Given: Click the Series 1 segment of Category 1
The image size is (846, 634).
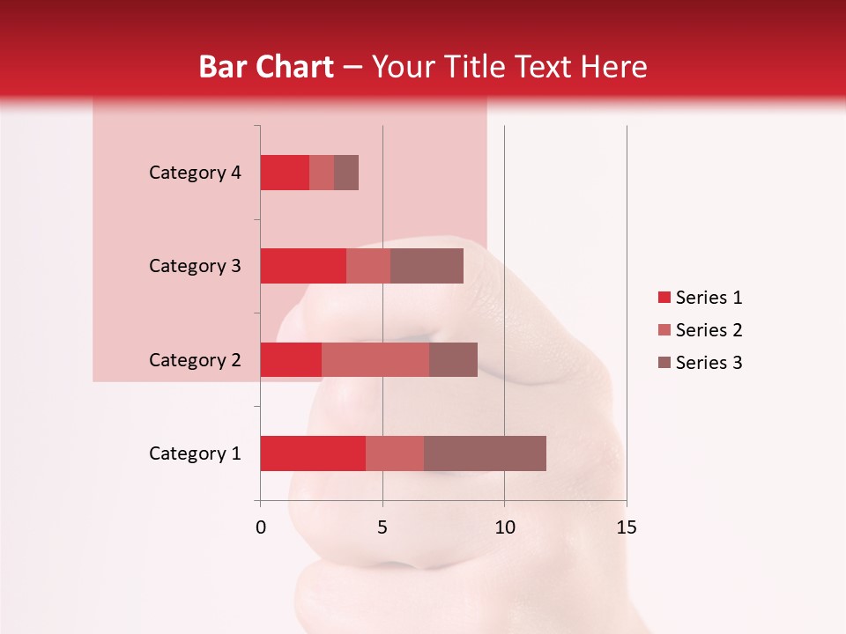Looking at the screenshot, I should [x=313, y=453].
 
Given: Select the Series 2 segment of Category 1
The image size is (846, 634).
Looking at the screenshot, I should [x=395, y=453].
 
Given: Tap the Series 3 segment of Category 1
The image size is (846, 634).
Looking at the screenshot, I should [x=485, y=453].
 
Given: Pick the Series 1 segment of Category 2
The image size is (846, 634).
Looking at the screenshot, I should [x=291, y=359].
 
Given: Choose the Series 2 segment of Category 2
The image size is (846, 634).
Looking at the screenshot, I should [x=375, y=359].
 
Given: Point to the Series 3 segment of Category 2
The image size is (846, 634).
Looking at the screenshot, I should [x=453, y=359].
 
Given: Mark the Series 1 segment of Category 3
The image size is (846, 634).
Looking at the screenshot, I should [x=303, y=266].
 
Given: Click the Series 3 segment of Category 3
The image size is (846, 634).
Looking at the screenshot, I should [x=427, y=266].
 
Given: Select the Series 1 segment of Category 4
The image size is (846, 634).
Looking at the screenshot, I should [x=285, y=173].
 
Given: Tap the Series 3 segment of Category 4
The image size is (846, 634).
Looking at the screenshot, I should [x=346, y=173].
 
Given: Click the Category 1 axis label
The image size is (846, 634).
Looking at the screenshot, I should [x=195, y=453].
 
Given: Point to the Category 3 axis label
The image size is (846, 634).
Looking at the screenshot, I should [x=195, y=266].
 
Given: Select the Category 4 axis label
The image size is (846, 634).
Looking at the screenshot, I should [x=195, y=173].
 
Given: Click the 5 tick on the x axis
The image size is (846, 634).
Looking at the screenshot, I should [x=382, y=528].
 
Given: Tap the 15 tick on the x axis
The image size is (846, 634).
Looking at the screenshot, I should [x=627, y=528].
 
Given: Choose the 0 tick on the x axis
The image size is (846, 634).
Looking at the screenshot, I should [x=261, y=528].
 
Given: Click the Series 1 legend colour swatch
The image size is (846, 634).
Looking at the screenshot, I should [x=664, y=298].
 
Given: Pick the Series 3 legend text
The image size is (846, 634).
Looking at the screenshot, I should [x=709, y=363].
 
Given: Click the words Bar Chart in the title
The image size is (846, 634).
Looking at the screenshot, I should [x=266, y=67].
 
